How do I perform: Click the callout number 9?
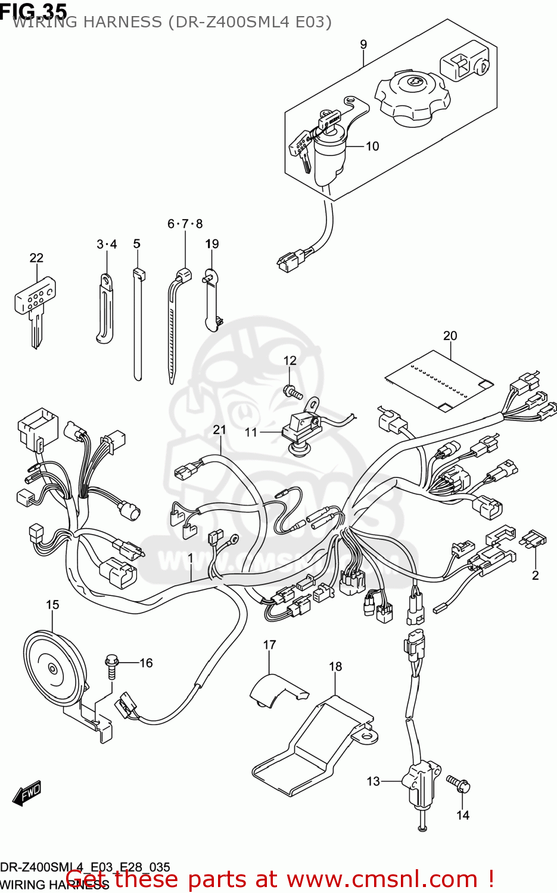363,45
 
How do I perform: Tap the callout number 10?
372,146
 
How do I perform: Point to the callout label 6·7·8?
185,224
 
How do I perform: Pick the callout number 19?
212,244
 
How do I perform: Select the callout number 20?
450,336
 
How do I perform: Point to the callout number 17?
270,645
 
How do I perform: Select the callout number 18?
335,666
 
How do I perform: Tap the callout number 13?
373,781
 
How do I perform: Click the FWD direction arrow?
27,794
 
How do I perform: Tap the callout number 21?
220,430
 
